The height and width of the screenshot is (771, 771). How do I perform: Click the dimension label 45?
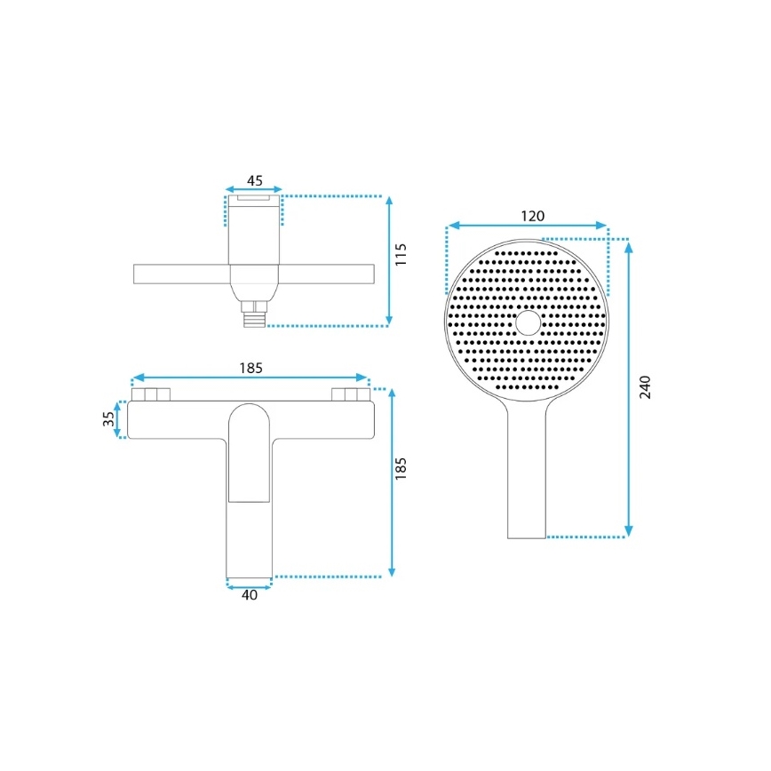coord(254,180)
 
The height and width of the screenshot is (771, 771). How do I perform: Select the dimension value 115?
coord(401,255)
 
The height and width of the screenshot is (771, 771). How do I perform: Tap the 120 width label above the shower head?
coord(533,216)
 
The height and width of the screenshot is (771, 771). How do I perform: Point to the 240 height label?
coord(646,387)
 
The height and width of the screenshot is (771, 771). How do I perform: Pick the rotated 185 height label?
coord(401,470)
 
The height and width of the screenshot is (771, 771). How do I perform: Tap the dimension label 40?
coord(250,596)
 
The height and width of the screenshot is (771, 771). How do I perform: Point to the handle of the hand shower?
coord(527,480)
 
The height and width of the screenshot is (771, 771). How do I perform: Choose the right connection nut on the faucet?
coord(348,394)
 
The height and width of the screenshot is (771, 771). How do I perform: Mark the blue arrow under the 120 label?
coord(527,227)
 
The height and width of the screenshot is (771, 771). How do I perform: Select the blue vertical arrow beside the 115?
coord(389,260)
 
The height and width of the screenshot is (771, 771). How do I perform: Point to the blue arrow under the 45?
coord(254,190)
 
